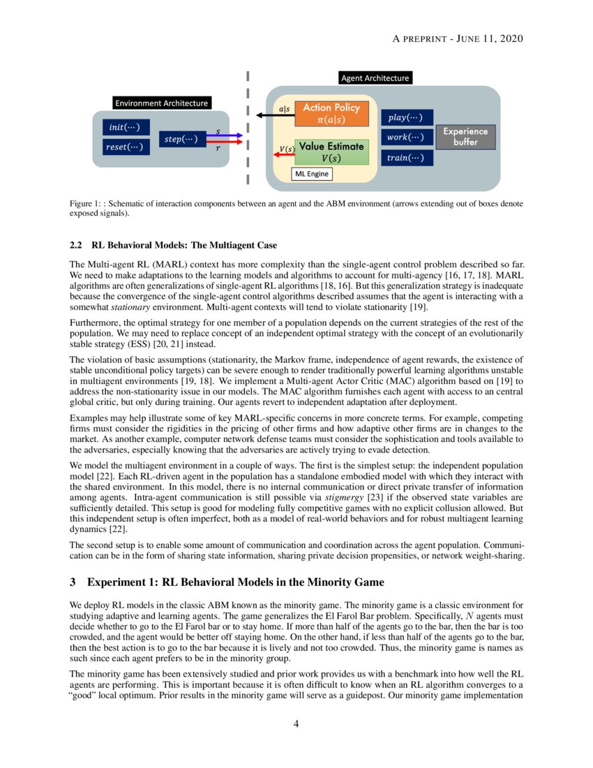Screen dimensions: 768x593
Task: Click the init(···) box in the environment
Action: tap(125, 128)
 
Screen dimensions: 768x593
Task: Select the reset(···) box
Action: tap(125, 147)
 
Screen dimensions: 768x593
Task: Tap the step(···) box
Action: tap(180, 140)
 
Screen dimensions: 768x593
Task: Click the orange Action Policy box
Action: tap(331, 114)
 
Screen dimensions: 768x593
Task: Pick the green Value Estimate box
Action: tap(331, 152)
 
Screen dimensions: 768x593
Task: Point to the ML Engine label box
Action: tap(312, 173)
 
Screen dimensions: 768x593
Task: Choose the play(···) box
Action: tap(406, 118)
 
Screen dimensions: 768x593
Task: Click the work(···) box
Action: tap(406, 138)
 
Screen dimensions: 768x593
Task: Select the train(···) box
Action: tap(406, 158)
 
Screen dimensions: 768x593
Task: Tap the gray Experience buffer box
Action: tap(465, 137)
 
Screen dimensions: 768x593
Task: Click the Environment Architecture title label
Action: tap(161, 103)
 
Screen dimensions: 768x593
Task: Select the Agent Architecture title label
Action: tap(375, 78)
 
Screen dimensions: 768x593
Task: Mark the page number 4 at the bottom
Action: tap(296, 724)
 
